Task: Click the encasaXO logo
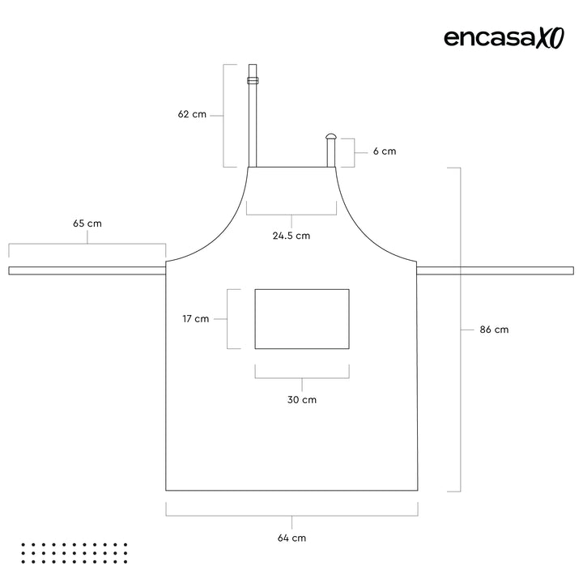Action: (504, 38)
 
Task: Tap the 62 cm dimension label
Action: (192, 114)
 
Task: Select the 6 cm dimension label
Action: (385, 151)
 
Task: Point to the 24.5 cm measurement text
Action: (291, 236)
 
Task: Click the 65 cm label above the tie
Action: (87, 223)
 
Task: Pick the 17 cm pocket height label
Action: (196, 319)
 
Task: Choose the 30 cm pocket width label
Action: (302, 400)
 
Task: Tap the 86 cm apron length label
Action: (494, 330)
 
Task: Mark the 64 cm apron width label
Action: (291, 538)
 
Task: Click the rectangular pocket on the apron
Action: (302, 289)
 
